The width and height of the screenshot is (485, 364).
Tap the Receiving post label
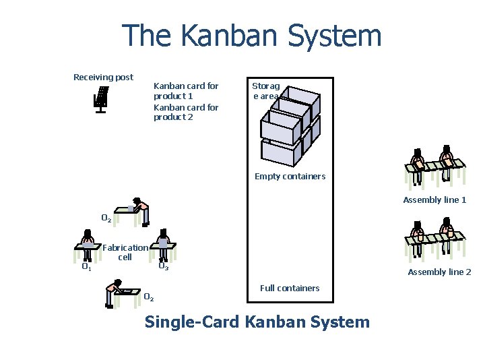103,78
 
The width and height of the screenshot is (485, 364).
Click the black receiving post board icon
101,99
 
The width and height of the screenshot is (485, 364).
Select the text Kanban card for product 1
186,91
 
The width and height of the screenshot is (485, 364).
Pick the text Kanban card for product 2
186,112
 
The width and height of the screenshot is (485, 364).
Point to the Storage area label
265,91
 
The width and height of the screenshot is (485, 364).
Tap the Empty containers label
290,177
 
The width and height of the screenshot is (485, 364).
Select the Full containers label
290,289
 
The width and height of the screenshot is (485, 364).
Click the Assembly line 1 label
434,200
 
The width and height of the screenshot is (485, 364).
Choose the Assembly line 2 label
439,272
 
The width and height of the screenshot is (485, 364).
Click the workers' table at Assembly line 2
434,237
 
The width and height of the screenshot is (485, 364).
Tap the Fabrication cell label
125,252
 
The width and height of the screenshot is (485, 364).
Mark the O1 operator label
86,267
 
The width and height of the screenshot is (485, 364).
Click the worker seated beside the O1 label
88,245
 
